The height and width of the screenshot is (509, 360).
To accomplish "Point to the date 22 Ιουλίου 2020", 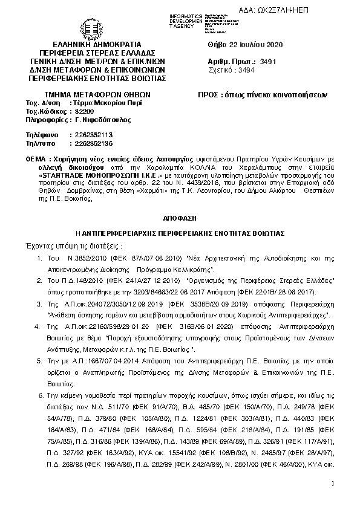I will (x=254, y=45).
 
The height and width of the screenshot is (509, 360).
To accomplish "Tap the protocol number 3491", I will (x=267, y=62).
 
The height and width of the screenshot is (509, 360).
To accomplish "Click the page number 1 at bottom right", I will (x=333, y=483).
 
